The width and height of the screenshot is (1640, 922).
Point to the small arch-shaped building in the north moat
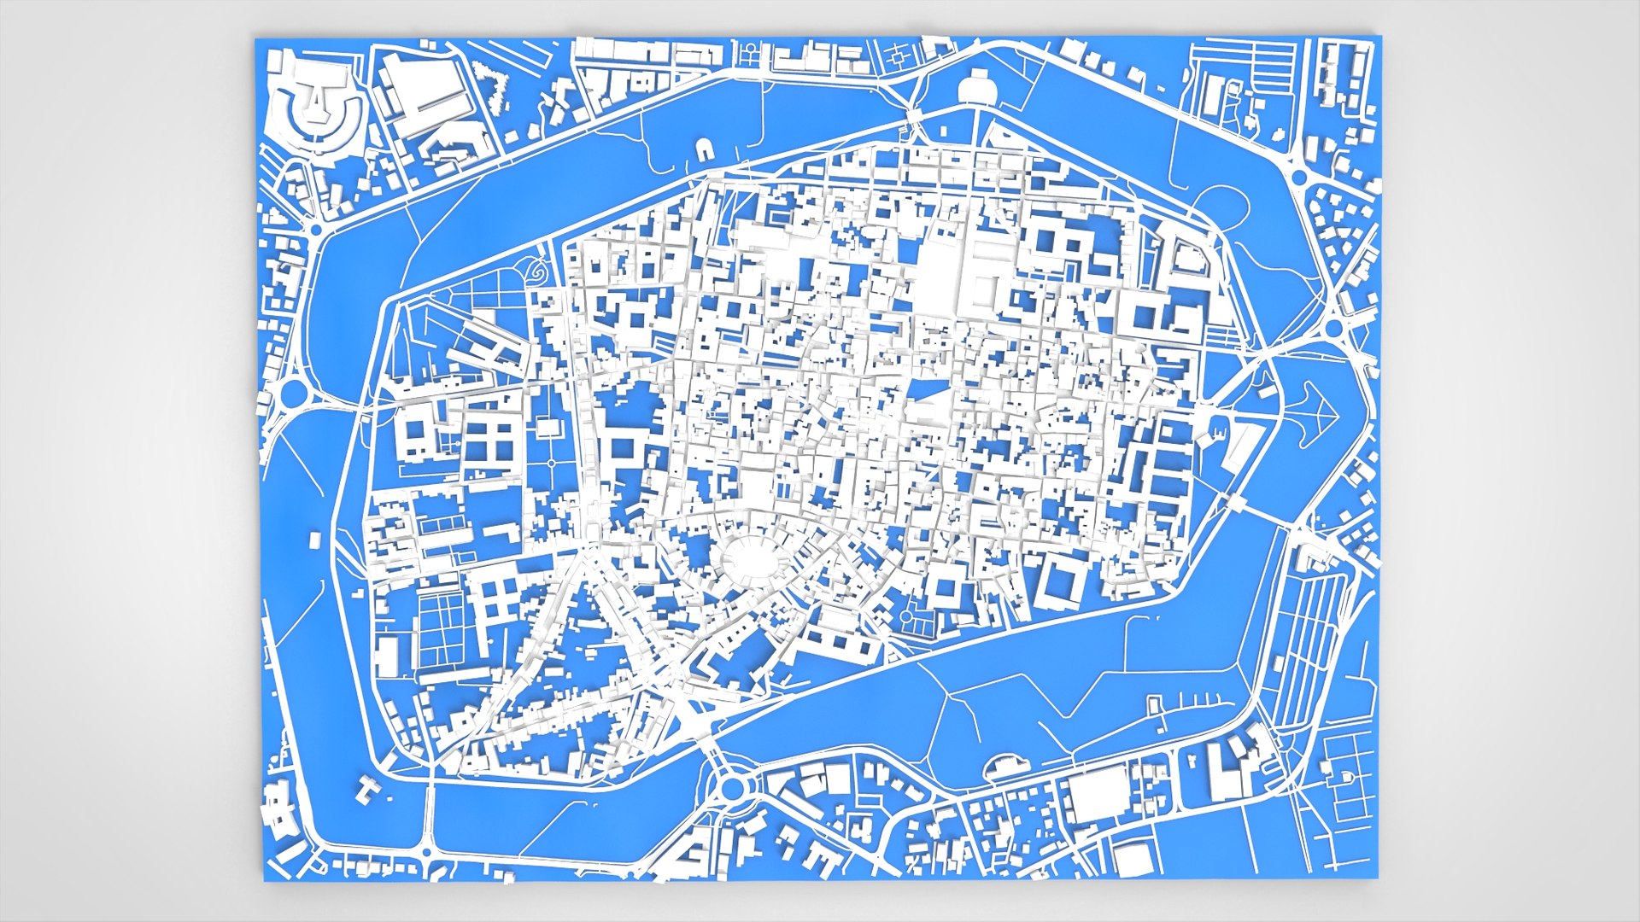(x=706, y=151)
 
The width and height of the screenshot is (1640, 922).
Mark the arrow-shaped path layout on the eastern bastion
(x=1316, y=412)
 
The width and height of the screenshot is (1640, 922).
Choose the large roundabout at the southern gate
(x=731, y=787)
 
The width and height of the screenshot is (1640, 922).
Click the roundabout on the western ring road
(x=293, y=393)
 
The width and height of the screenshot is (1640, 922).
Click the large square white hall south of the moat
(x=1098, y=794)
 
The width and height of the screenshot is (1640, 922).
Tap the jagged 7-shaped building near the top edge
(x=495, y=86)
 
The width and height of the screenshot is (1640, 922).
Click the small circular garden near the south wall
(x=906, y=616)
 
